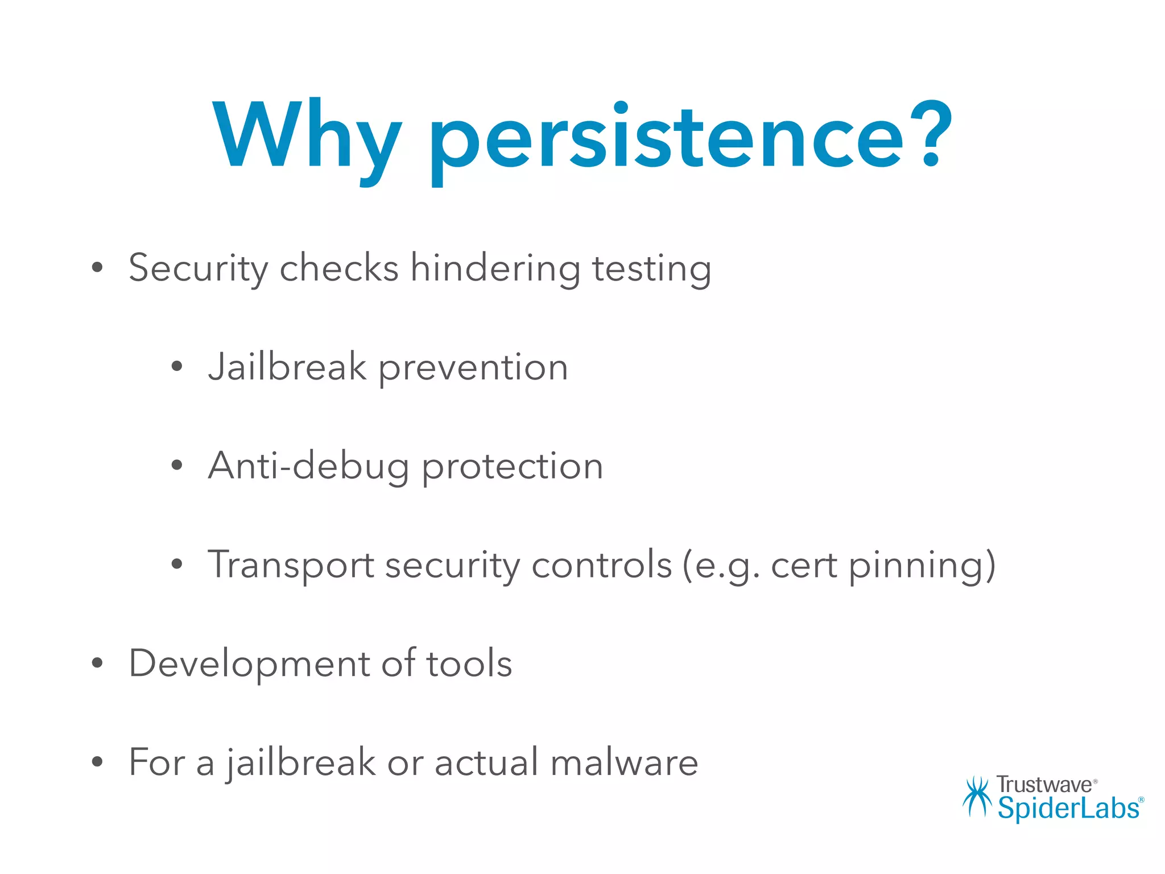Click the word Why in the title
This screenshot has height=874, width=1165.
[x=307, y=137]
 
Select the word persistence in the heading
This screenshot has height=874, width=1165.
[x=666, y=139]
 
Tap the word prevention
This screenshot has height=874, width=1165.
[x=473, y=368]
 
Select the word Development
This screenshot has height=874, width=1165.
[x=249, y=663]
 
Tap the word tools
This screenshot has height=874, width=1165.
[x=469, y=663]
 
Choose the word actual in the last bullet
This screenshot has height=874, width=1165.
[x=486, y=762]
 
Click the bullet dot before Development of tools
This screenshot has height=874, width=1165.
[x=97, y=663]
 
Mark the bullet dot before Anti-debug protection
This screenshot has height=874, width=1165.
[x=177, y=465]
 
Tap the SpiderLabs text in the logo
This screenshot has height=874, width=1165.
[x=1068, y=808]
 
